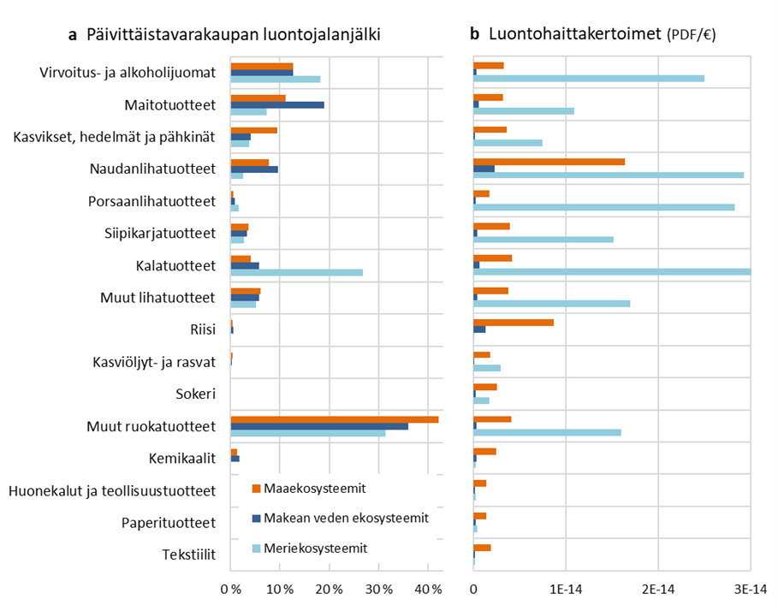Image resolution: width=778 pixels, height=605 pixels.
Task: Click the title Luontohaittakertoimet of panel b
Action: (575, 34)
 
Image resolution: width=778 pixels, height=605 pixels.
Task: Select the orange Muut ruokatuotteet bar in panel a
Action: (335, 419)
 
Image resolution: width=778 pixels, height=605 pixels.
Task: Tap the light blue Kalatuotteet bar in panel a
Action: (296, 273)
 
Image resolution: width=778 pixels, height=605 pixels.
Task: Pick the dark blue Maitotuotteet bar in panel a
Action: (277, 104)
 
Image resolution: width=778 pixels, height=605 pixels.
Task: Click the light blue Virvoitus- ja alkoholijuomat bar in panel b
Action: (589, 79)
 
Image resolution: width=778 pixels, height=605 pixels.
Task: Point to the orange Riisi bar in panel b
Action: (514, 322)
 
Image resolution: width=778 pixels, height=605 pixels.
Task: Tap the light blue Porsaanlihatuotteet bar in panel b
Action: (603, 208)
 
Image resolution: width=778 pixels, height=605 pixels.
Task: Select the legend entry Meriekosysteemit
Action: (315, 548)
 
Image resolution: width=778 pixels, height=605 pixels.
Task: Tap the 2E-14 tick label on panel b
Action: (658, 590)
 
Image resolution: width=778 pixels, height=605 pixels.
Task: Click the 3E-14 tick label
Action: (750, 590)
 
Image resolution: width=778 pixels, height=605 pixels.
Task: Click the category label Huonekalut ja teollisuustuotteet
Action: (110, 490)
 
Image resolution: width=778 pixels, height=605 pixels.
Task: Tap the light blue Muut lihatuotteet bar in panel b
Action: (551, 304)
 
